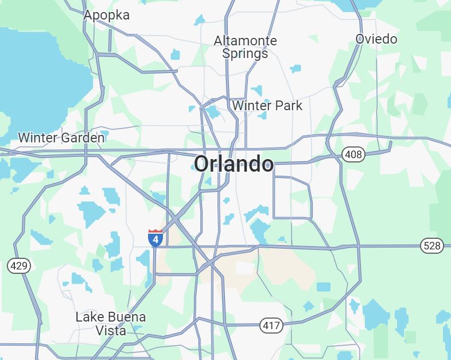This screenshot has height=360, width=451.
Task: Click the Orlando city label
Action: [x=234, y=164]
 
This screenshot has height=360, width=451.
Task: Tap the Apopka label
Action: [x=106, y=16]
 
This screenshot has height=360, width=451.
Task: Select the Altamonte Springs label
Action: [x=245, y=47]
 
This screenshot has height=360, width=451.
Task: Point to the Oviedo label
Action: [x=376, y=39]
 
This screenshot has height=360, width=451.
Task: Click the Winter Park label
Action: [x=267, y=106]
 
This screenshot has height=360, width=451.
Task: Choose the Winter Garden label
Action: [x=61, y=138]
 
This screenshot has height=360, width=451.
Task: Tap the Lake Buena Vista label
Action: [x=111, y=324]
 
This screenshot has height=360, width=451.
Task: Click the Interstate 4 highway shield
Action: [x=155, y=238]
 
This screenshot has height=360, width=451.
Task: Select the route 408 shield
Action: [x=353, y=154]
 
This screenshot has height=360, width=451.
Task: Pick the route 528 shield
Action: [x=431, y=246]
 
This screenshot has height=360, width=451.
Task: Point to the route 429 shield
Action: [x=18, y=266]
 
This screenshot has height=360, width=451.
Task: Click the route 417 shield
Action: [x=271, y=326]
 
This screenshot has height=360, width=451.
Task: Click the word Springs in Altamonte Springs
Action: [x=245, y=54]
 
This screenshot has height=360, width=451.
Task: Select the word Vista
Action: [x=111, y=331]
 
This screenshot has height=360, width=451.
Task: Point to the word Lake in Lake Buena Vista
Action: [x=88, y=317]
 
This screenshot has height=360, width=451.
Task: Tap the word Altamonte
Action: [x=245, y=41]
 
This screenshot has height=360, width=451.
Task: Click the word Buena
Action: [x=126, y=317]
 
